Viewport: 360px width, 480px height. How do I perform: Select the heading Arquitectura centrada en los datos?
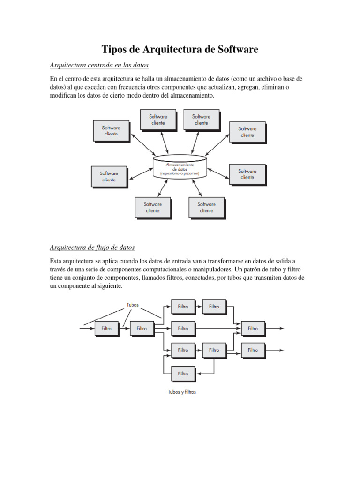pyautogui.click(x=99, y=65)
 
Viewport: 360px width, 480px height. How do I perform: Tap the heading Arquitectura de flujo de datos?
pyautogui.click(x=92, y=247)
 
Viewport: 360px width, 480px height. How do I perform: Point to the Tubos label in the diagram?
pyautogui.click(x=133, y=304)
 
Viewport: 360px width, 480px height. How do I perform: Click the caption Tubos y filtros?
pyautogui.click(x=182, y=392)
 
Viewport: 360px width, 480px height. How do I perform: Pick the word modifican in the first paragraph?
pyautogui.click(x=64, y=95)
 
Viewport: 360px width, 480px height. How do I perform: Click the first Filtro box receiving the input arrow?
pyautogui.click(x=106, y=329)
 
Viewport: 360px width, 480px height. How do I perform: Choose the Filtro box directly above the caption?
pyautogui.click(x=183, y=374)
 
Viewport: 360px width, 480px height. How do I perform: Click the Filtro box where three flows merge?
pyautogui.click(x=253, y=329)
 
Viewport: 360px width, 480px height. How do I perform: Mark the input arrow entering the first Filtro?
pyautogui.click(x=87, y=329)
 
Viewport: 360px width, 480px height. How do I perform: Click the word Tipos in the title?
pyautogui.click(x=115, y=49)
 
